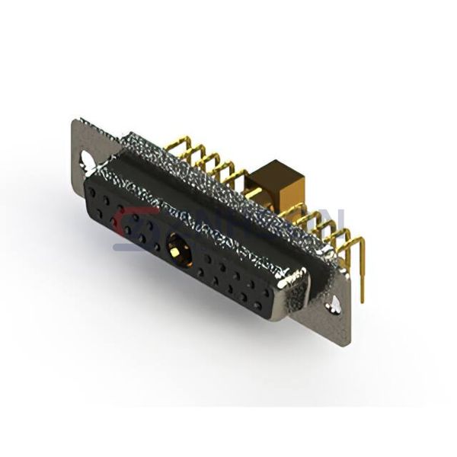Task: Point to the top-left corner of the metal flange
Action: click(74, 122)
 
